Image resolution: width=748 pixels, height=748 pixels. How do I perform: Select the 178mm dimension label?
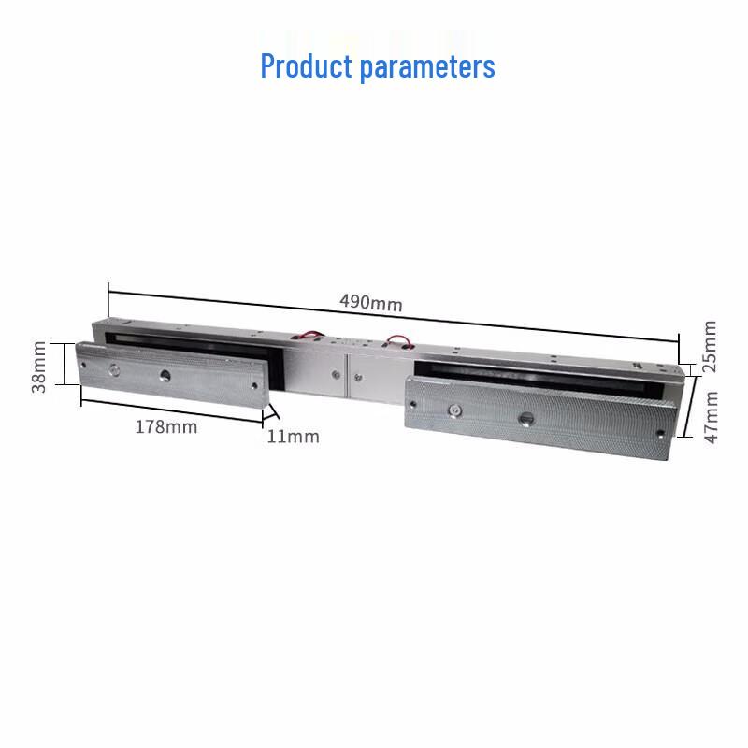point(166,426)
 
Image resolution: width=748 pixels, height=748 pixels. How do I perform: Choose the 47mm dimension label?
point(711,417)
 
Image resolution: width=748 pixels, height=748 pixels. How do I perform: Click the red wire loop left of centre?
point(310,334)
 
